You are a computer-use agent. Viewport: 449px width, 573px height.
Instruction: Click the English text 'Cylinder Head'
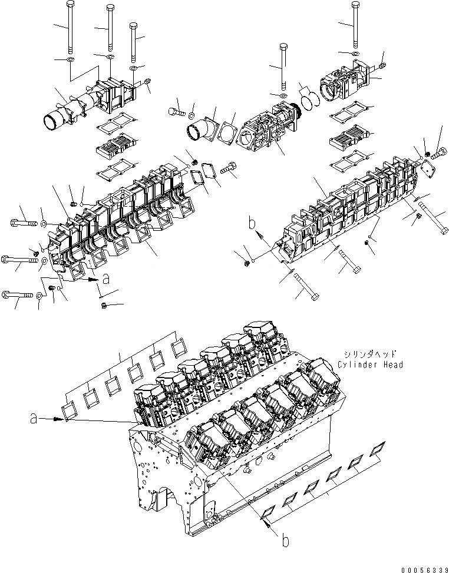click(x=371, y=365)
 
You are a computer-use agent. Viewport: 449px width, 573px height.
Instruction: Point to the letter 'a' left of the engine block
click(x=34, y=418)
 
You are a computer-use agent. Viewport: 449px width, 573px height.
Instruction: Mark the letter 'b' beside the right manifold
click(x=252, y=224)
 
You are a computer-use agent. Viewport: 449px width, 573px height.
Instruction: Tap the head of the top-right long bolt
click(x=355, y=5)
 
